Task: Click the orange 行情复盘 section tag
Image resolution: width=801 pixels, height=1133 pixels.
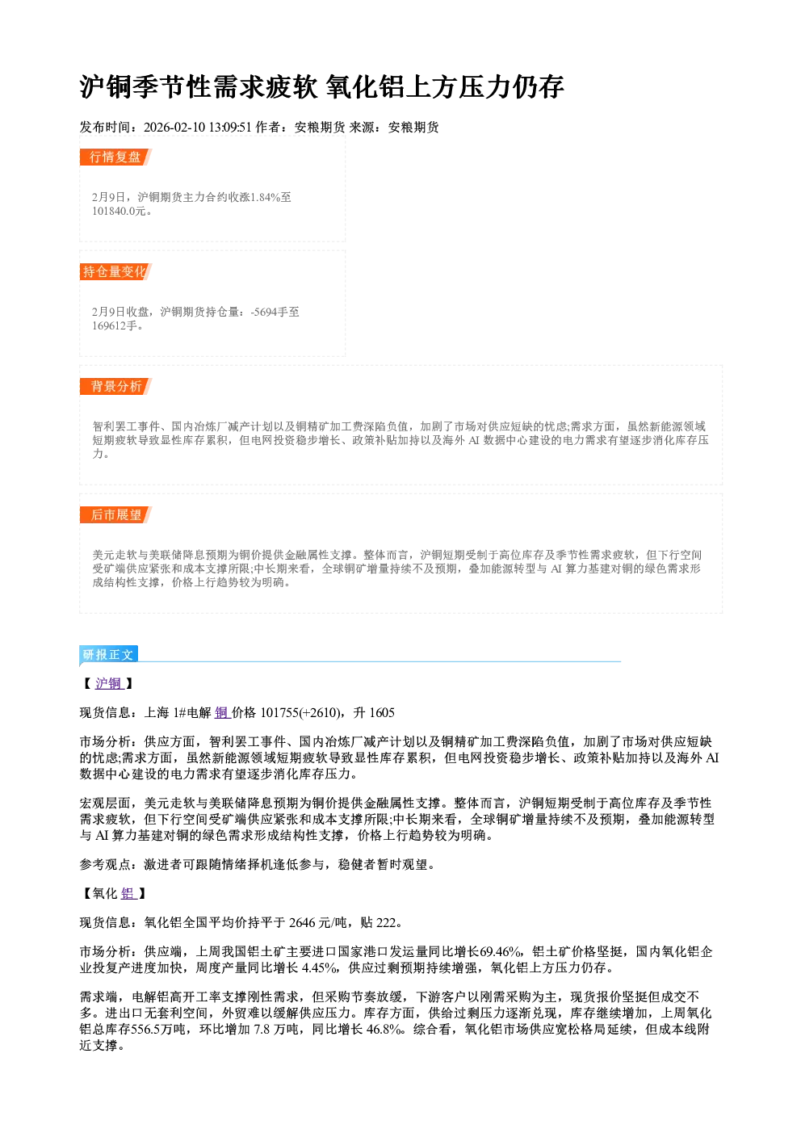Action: (115, 157)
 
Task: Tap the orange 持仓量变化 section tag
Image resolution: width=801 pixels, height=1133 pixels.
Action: (115, 271)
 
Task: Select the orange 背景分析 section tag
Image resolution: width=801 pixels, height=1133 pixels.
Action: (115, 387)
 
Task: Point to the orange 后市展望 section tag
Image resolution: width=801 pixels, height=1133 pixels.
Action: (115, 515)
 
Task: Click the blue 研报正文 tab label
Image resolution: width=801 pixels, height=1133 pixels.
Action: (108, 654)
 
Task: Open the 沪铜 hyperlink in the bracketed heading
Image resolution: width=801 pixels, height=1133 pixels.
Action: (109, 683)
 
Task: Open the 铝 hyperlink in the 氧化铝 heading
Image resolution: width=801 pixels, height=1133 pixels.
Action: (128, 893)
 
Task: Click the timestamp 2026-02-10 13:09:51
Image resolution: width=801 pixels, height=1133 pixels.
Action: (198, 127)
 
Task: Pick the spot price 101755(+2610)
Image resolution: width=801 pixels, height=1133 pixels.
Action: (300, 713)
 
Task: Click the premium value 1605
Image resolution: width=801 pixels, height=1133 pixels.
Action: (382, 713)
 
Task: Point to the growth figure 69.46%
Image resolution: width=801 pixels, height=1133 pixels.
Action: (501, 952)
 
